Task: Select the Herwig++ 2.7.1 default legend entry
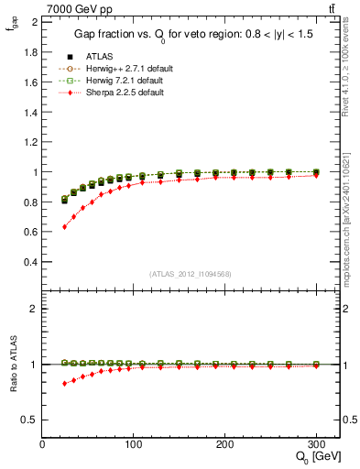(123, 68)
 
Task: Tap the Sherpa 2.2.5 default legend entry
(117, 92)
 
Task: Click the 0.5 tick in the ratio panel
(31, 420)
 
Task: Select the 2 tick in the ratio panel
(35, 309)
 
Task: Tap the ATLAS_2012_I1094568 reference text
(191, 273)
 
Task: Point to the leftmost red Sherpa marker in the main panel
(64, 226)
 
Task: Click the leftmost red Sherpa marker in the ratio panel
(64, 383)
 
